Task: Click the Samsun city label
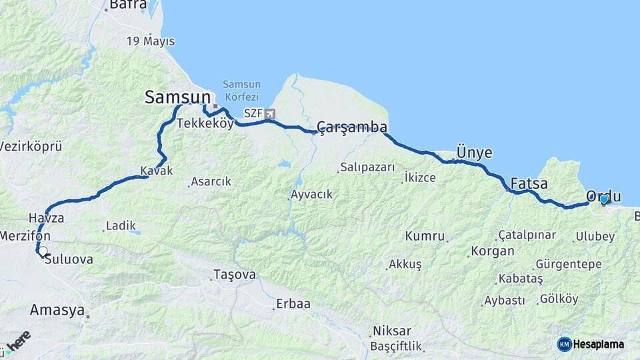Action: [x=177, y=98]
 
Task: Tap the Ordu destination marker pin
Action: [x=604, y=199]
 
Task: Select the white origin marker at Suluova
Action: [x=43, y=251]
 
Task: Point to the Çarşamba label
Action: [x=352, y=127]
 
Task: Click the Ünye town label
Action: [x=474, y=153]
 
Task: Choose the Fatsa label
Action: [x=529, y=183]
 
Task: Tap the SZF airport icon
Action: [x=269, y=114]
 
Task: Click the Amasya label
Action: [x=57, y=310]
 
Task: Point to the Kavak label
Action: [x=157, y=171]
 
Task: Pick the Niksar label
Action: [x=392, y=331]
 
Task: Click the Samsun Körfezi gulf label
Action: [x=241, y=90]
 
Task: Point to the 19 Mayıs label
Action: [x=151, y=41]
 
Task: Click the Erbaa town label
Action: [x=295, y=304]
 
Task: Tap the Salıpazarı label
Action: [x=367, y=167]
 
